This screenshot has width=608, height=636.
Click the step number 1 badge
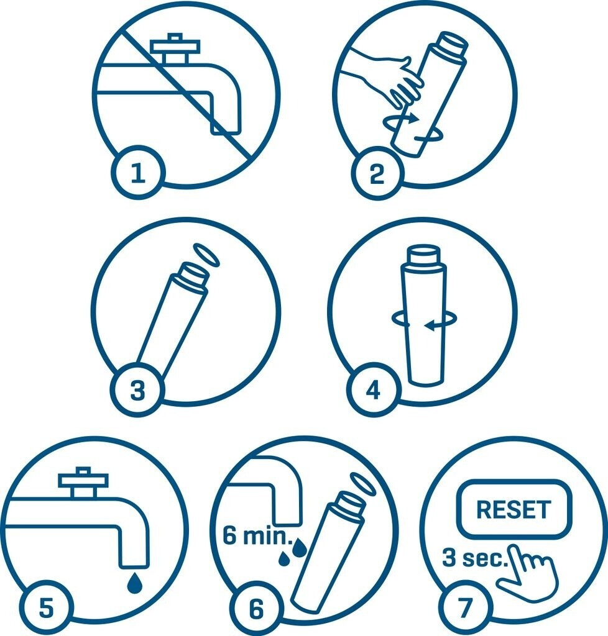point(138,173)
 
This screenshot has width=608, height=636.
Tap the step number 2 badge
point(378,173)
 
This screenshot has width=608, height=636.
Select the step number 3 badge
point(137,390)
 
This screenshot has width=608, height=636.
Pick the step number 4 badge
point(374,390)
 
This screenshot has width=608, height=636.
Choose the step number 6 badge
point(256,608)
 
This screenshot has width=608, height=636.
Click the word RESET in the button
point(514,509)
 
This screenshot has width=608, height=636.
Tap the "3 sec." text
point(476,557)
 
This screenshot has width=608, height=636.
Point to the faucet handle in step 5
point(83,482)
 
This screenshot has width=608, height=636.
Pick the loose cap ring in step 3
point(206,255)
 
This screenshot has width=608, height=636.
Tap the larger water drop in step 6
point(300,548)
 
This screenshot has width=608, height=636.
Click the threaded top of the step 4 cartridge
point(423,255)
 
